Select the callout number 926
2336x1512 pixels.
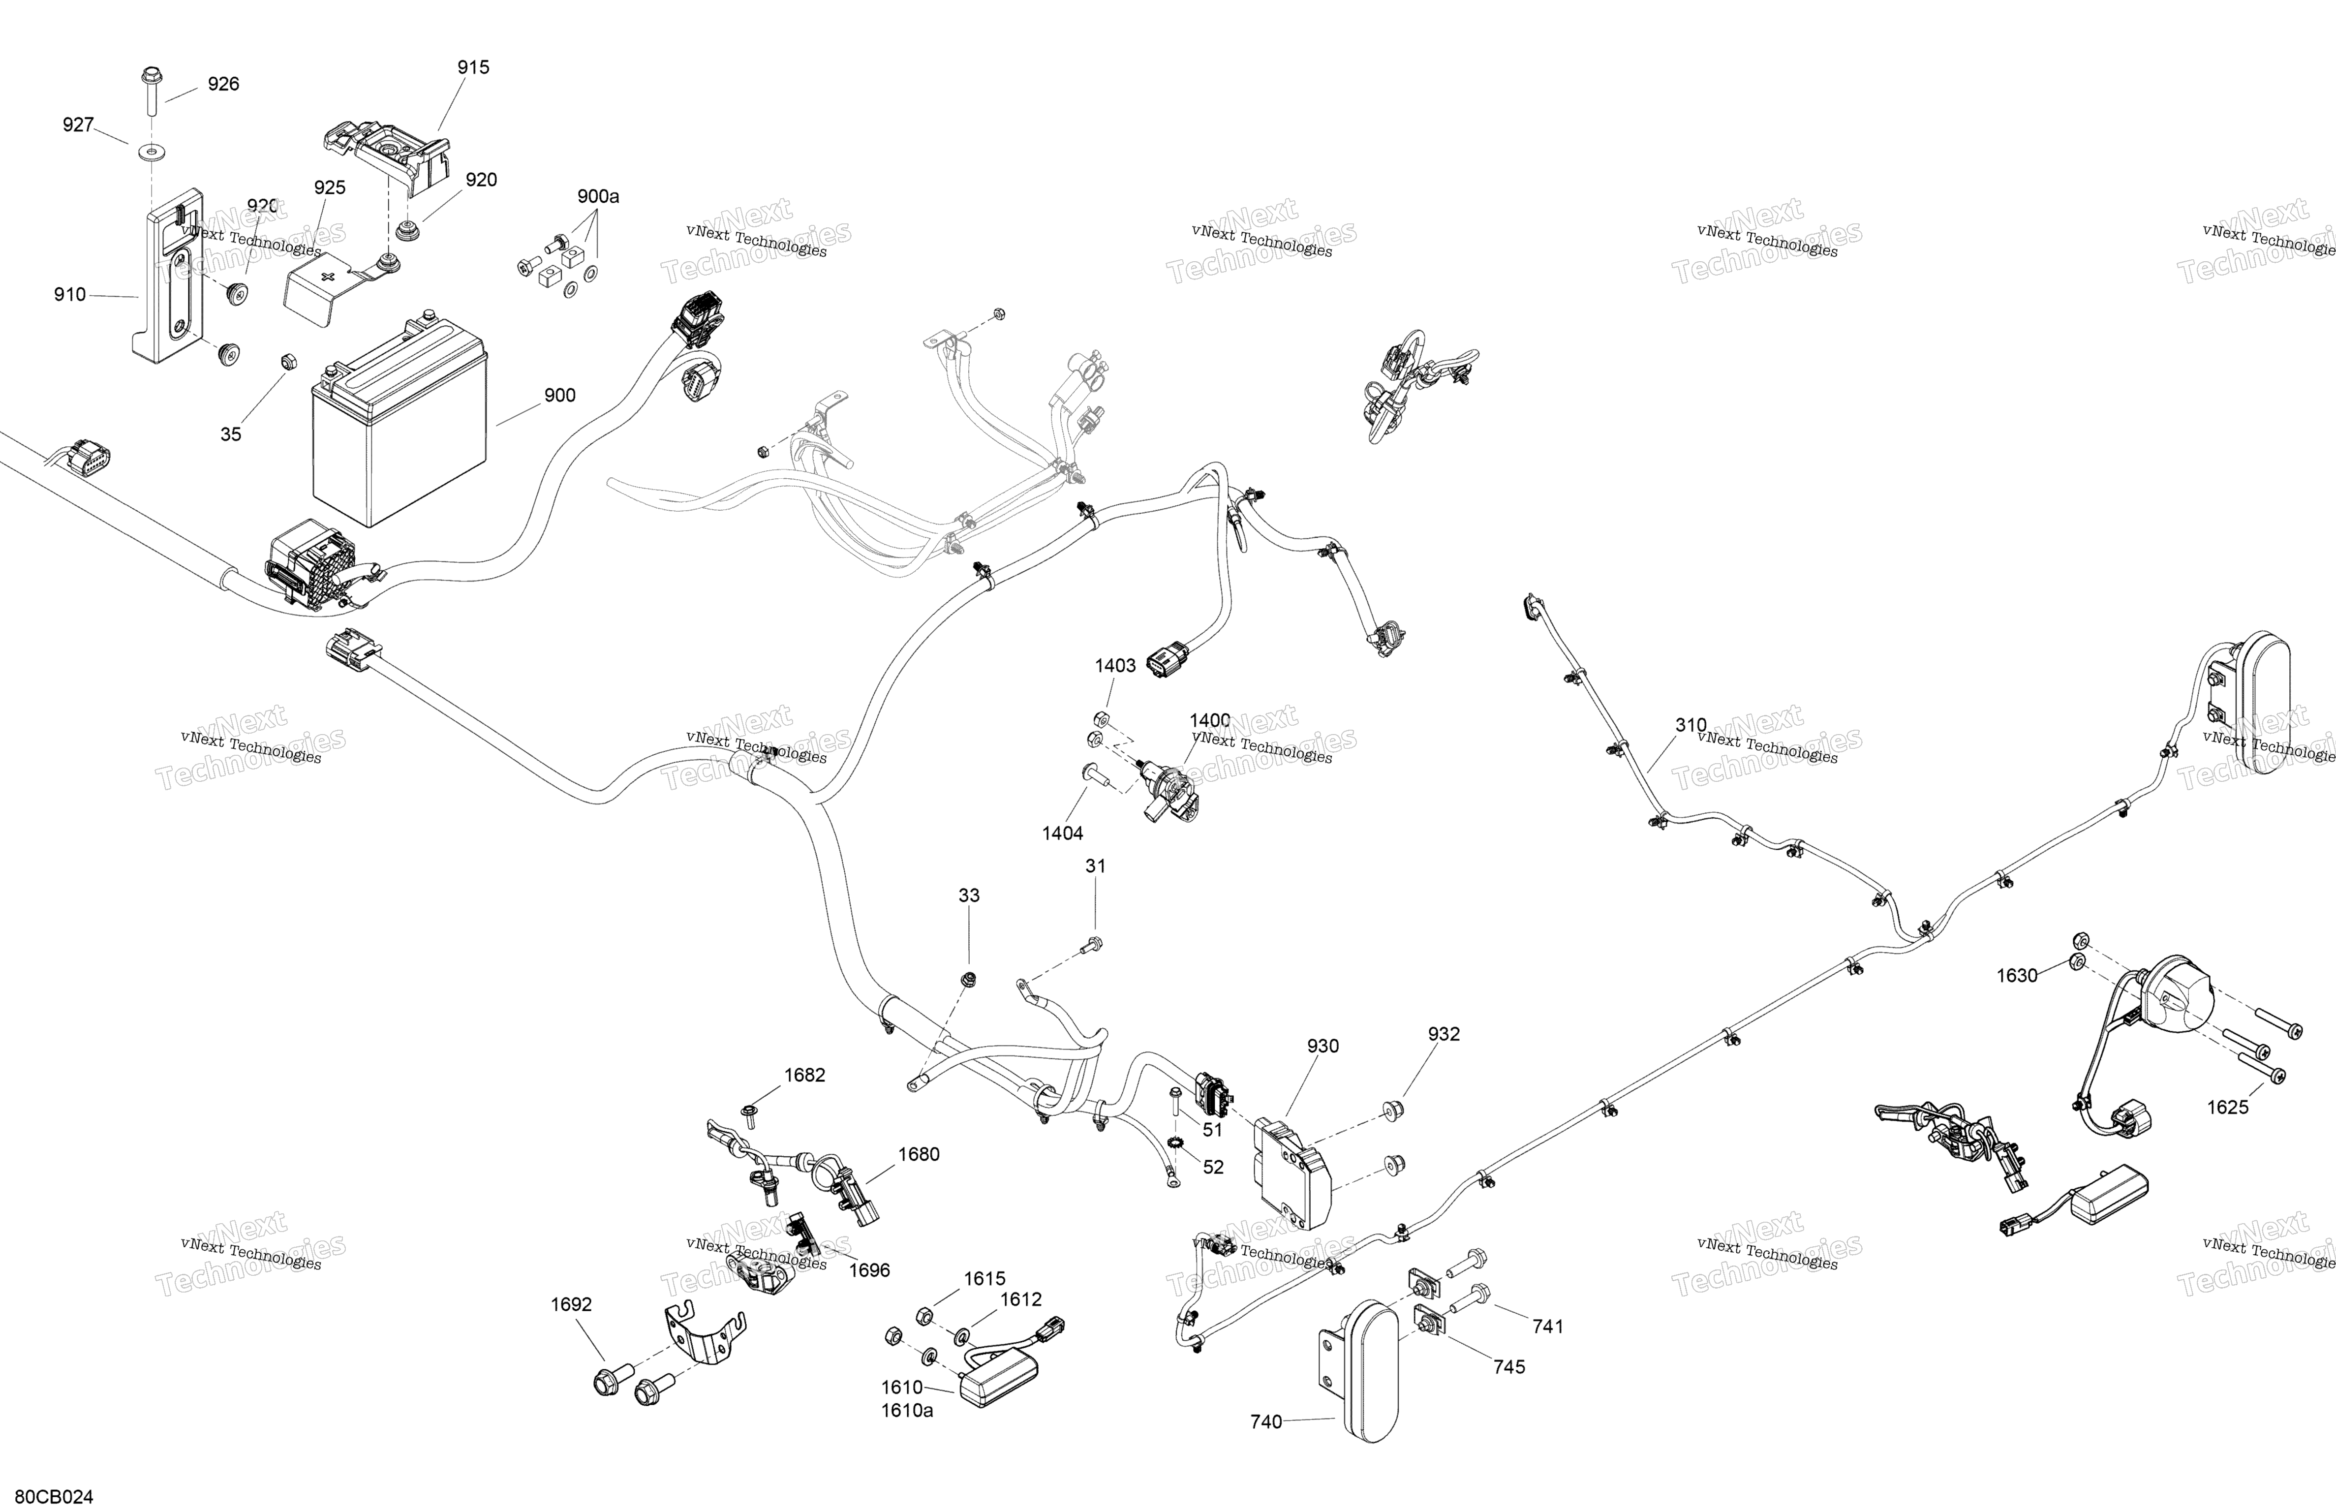(224, 85)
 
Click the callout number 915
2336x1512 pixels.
(473, 68)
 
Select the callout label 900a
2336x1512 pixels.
(598, 196)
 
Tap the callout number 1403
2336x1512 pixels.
(1116, 666)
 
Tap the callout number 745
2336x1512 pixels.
(1509, 1367)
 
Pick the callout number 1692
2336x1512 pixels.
(571, 1305)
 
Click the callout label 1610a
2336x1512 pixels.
(907, 1411)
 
